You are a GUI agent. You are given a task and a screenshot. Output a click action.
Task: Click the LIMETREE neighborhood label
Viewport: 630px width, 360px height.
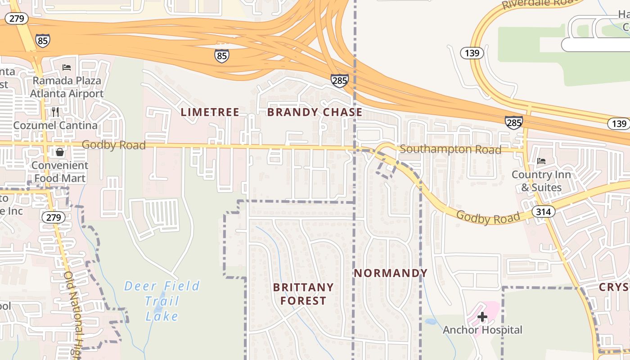coord(210,112)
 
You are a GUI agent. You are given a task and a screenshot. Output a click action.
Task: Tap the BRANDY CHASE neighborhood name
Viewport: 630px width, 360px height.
coord(315,112)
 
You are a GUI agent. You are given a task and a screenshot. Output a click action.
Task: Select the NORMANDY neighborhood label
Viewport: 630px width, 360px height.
coord(390,273)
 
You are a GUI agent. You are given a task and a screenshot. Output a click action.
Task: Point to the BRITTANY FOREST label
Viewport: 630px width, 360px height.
coord(303,294)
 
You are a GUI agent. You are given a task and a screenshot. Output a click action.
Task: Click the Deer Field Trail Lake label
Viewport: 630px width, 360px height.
coord(162,301)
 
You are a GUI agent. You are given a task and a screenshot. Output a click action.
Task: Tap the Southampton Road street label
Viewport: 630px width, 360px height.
coord(450,149)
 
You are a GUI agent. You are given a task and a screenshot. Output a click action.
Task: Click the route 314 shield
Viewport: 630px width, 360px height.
coord(543,211)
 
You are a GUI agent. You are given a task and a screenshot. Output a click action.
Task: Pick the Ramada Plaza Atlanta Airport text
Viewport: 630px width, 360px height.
coord(67,87)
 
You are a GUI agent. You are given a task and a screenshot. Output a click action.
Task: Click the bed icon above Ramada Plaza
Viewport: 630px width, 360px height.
coord(67,68)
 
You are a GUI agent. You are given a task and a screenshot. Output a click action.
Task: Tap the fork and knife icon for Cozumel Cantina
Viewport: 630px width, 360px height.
coord(55,112)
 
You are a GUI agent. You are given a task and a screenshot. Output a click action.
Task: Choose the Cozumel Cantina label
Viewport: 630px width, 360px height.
coord(55,125)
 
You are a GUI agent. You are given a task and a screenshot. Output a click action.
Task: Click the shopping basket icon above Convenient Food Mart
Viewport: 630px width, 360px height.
coord(60,152)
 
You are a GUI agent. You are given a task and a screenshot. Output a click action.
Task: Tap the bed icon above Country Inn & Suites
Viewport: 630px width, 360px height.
coord(541,161)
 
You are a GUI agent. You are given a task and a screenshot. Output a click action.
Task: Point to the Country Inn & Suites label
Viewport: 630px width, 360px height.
coord(541,181)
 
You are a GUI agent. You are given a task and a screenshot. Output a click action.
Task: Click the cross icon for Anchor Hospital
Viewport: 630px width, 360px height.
coord(482,317)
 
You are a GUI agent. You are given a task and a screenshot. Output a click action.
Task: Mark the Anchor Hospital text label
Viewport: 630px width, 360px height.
coord(482,330)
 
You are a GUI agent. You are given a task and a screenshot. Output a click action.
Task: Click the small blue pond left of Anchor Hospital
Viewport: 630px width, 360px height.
coord(430,322)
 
